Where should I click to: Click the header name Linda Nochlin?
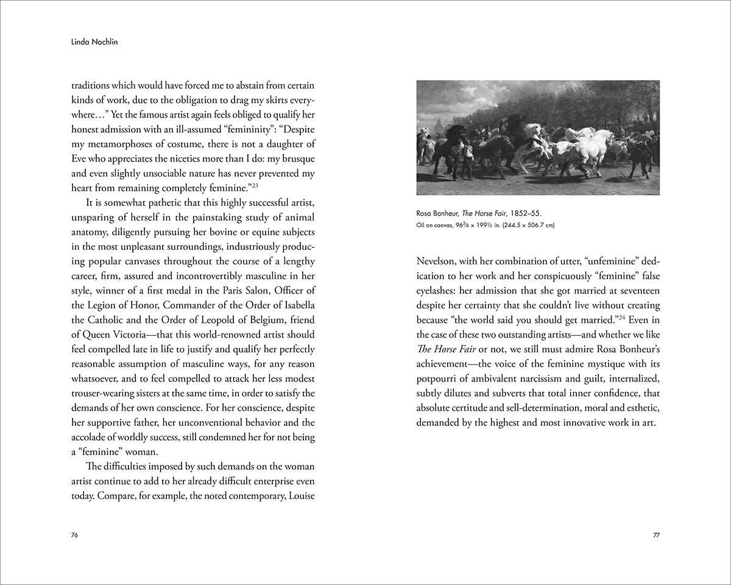coord(91,43)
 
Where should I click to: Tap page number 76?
coord(75,534)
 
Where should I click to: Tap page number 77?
coord(656,534)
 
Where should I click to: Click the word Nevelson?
coord(437,261)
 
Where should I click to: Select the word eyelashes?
coord(437,291)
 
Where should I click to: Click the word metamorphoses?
coord(119,144)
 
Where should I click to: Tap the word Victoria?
coord(138,335)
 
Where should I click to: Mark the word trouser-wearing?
coord(108,393)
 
